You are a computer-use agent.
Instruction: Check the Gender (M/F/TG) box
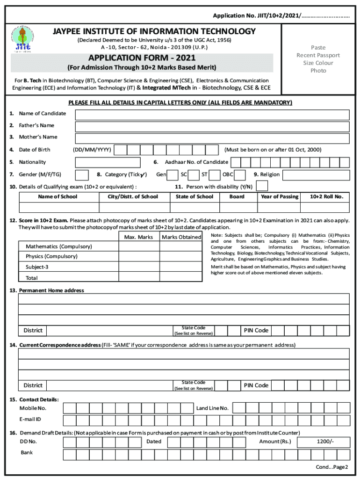point(82,175)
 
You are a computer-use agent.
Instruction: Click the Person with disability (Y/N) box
point(262,186)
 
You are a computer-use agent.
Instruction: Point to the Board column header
point(237,196)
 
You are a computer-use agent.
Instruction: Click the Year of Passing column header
point(280,196)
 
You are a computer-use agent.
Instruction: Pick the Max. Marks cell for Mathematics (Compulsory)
point(139,247)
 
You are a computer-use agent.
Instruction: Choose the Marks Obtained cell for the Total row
point(181,278)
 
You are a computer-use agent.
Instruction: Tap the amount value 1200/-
point(325,442)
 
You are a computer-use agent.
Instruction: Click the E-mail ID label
point(30,419)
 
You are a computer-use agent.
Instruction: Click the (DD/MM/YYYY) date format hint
point(92,150)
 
